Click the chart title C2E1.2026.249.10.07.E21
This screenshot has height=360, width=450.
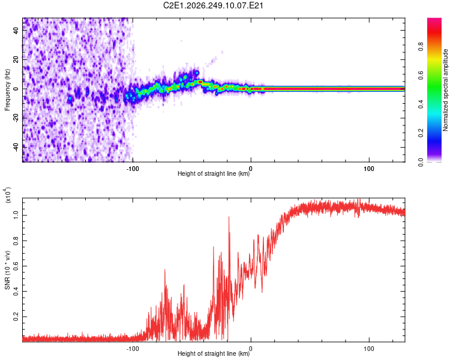point(213,5)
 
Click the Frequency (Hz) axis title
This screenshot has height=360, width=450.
point(7,90)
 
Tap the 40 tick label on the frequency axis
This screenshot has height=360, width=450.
point(16,31)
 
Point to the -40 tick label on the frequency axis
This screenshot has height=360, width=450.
point(16,147)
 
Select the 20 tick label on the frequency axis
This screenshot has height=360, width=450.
point(16,60)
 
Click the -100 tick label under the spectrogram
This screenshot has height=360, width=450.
point(133,169)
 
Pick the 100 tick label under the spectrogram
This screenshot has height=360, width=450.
point(369,169)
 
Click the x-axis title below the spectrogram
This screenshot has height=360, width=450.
point(214,173)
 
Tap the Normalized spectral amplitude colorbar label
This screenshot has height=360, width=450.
point(445,90)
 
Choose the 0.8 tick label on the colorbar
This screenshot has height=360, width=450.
point(421,47)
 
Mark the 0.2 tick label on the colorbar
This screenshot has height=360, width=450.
point(421,133)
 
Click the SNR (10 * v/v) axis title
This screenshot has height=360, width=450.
point(7,270)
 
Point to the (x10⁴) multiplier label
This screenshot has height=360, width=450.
point(8,195)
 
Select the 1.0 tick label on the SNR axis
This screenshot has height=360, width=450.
point(16,215)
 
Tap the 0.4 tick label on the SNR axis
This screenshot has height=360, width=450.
point(16,292)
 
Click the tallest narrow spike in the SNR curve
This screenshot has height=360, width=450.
point(229,217)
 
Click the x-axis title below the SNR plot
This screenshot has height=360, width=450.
point(214,353)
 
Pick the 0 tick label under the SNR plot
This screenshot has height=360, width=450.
point(251,349)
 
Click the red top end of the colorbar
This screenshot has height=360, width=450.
point(434,20)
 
